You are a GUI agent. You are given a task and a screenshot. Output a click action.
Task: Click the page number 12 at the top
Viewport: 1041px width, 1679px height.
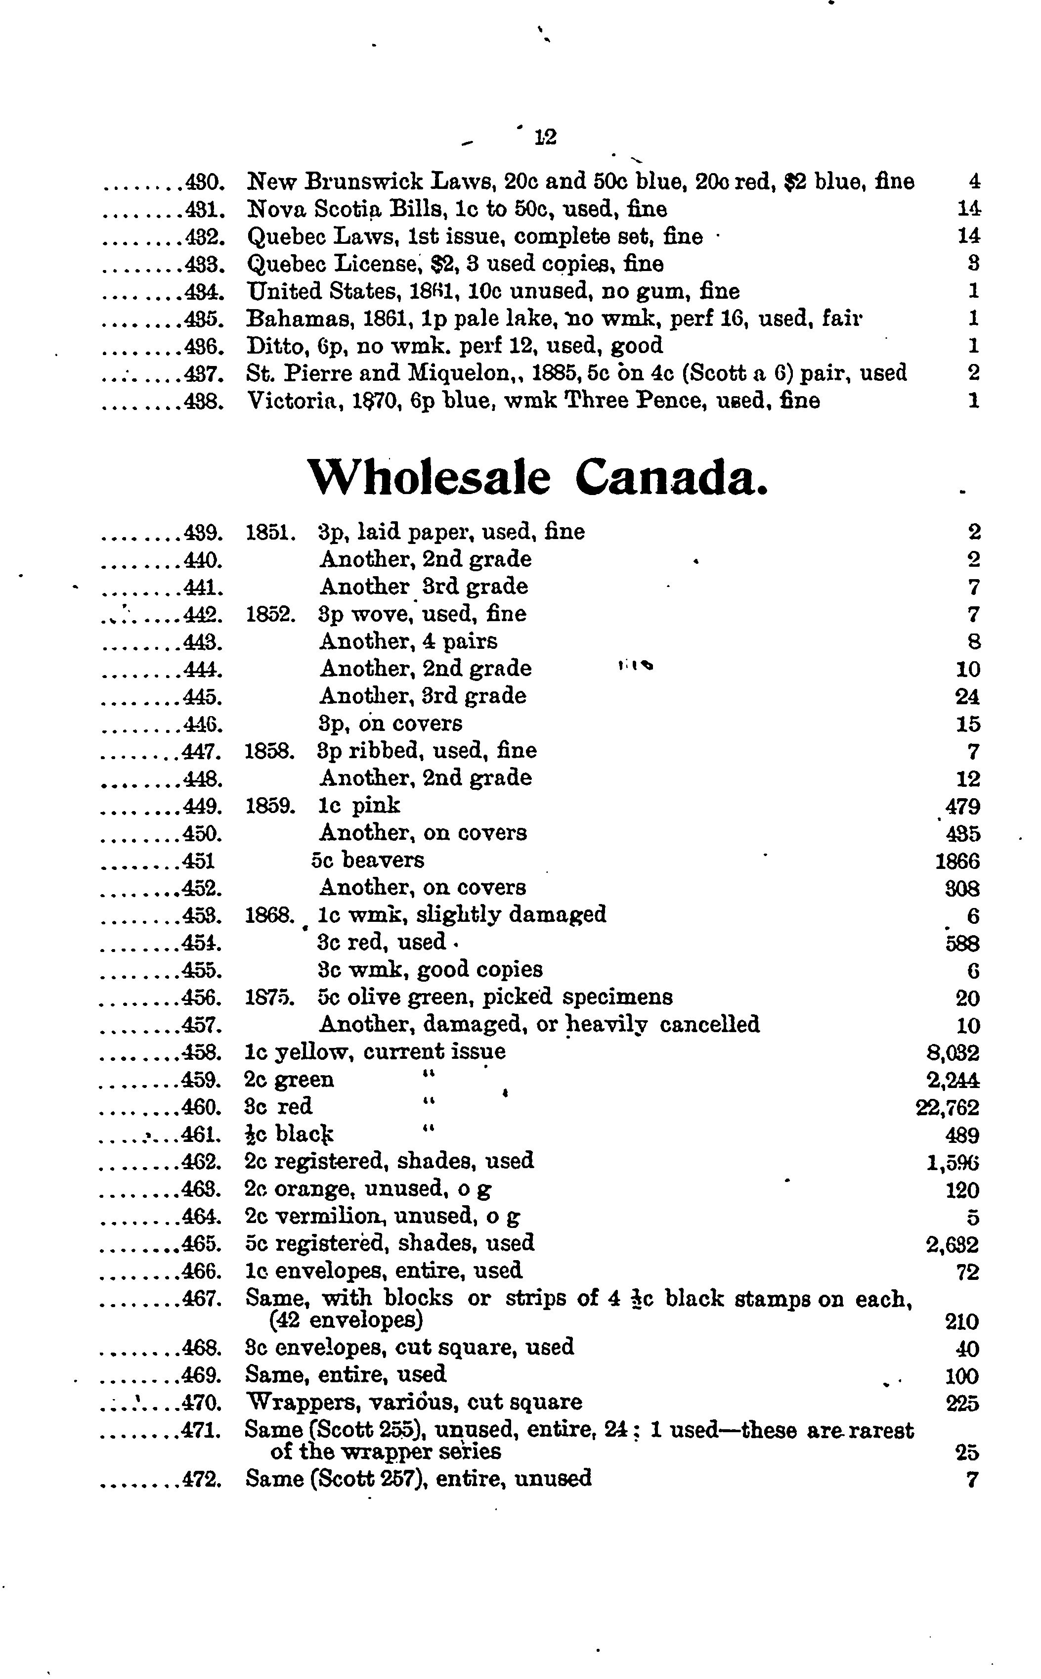click(545, 137)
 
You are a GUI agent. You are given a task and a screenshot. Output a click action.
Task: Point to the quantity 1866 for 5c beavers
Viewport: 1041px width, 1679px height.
click(957, 861)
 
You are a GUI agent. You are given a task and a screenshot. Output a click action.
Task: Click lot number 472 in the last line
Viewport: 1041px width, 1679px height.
click(203, 1479)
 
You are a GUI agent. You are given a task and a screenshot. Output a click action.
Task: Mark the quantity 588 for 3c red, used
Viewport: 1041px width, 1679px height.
click(962, 943)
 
